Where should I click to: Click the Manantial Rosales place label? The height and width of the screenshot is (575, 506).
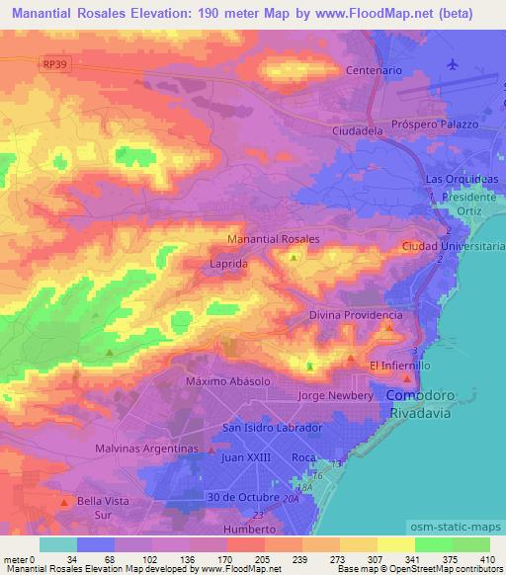pyautogui.click(x=274, y=239)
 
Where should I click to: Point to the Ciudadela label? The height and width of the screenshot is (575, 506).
pyautogui.click(x=358, y=128)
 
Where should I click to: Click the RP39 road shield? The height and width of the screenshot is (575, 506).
pyautogui.click(x=55, y=64)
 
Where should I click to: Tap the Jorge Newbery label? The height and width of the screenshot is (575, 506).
pyautogui.click(x=336, y=395)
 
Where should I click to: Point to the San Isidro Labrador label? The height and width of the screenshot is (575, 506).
pyautogui.click(x=273, y=428)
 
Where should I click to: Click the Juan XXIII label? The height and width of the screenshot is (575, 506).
pyautogui.click(x=245, y=458)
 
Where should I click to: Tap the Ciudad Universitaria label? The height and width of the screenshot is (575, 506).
pyautogui.click(x=453, y=246)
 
